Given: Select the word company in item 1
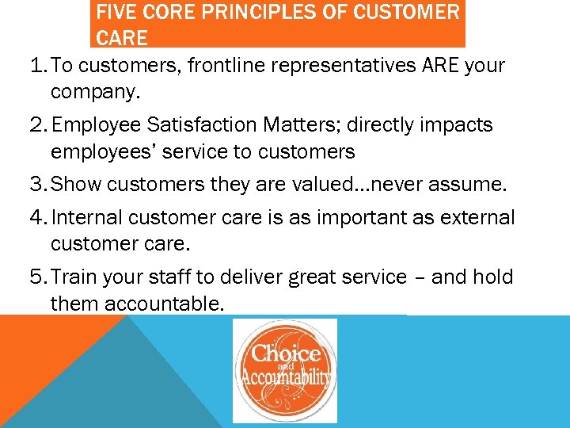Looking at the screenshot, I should tap(93, 93).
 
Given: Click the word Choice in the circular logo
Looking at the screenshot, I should tap(286, 353).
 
